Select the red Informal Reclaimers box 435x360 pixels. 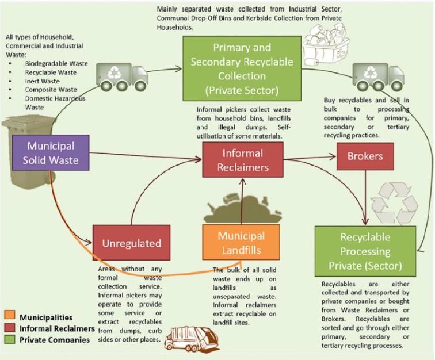click(242, 160)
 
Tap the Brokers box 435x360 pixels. click(365, 156)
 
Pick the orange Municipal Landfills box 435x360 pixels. click(241, 243)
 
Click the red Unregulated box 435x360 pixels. click(131, 243)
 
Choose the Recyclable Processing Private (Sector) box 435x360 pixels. click(365, 252)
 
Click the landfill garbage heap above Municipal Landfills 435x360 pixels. click(242, 207)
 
